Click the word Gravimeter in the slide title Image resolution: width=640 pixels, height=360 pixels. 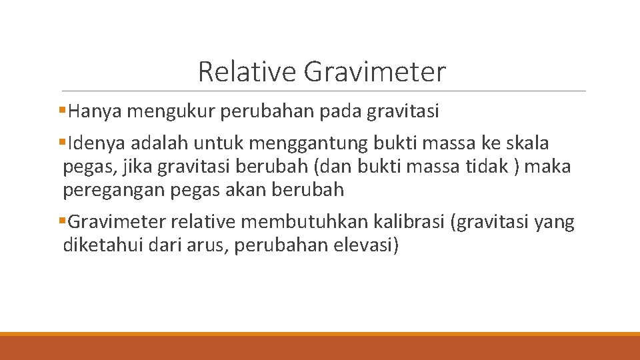pos(375,72)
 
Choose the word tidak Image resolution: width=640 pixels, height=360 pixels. pos(490,167)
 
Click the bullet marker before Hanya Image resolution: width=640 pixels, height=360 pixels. pos(63,109)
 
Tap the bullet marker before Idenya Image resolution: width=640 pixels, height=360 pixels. pos(63,141)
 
